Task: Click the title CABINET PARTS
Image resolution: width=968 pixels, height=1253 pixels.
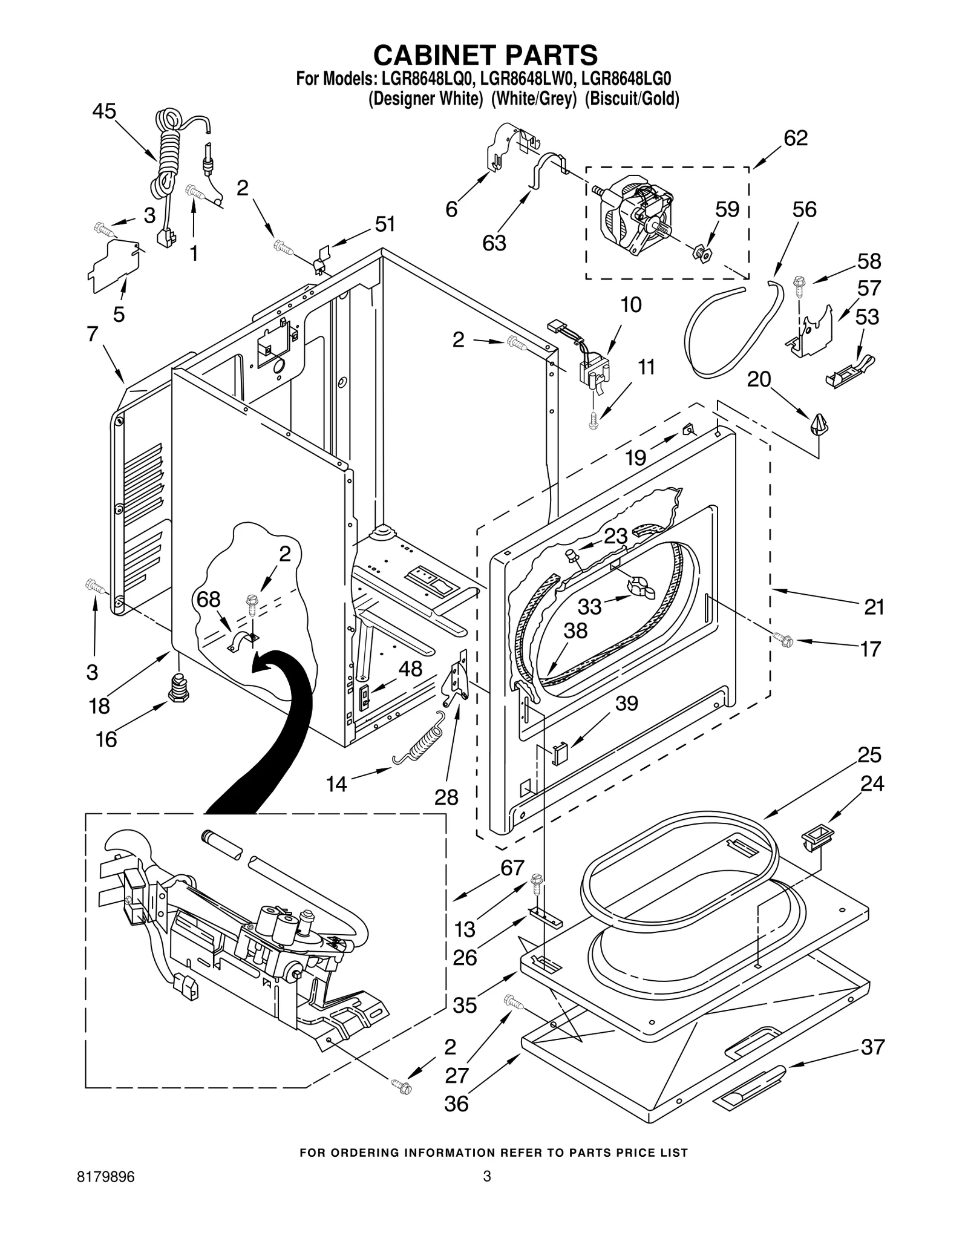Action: click(485, 55)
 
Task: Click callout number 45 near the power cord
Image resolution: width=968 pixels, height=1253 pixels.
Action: click(104, 111)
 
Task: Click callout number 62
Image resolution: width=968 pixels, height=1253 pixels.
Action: click(795, 138)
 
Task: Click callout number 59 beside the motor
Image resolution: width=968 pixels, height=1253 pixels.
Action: click(727, 209)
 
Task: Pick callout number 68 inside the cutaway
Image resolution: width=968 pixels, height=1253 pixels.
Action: click(209, 599)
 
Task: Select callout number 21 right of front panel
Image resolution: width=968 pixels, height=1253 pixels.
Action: click(874, 606)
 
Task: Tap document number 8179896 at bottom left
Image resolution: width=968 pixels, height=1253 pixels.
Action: click(106, 1194)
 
